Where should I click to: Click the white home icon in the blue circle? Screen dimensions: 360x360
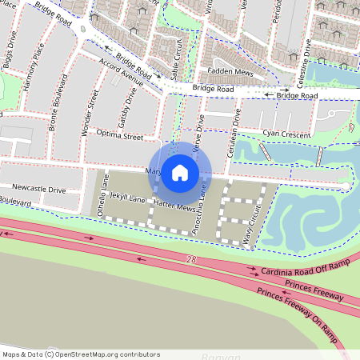(x=180, y=172)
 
